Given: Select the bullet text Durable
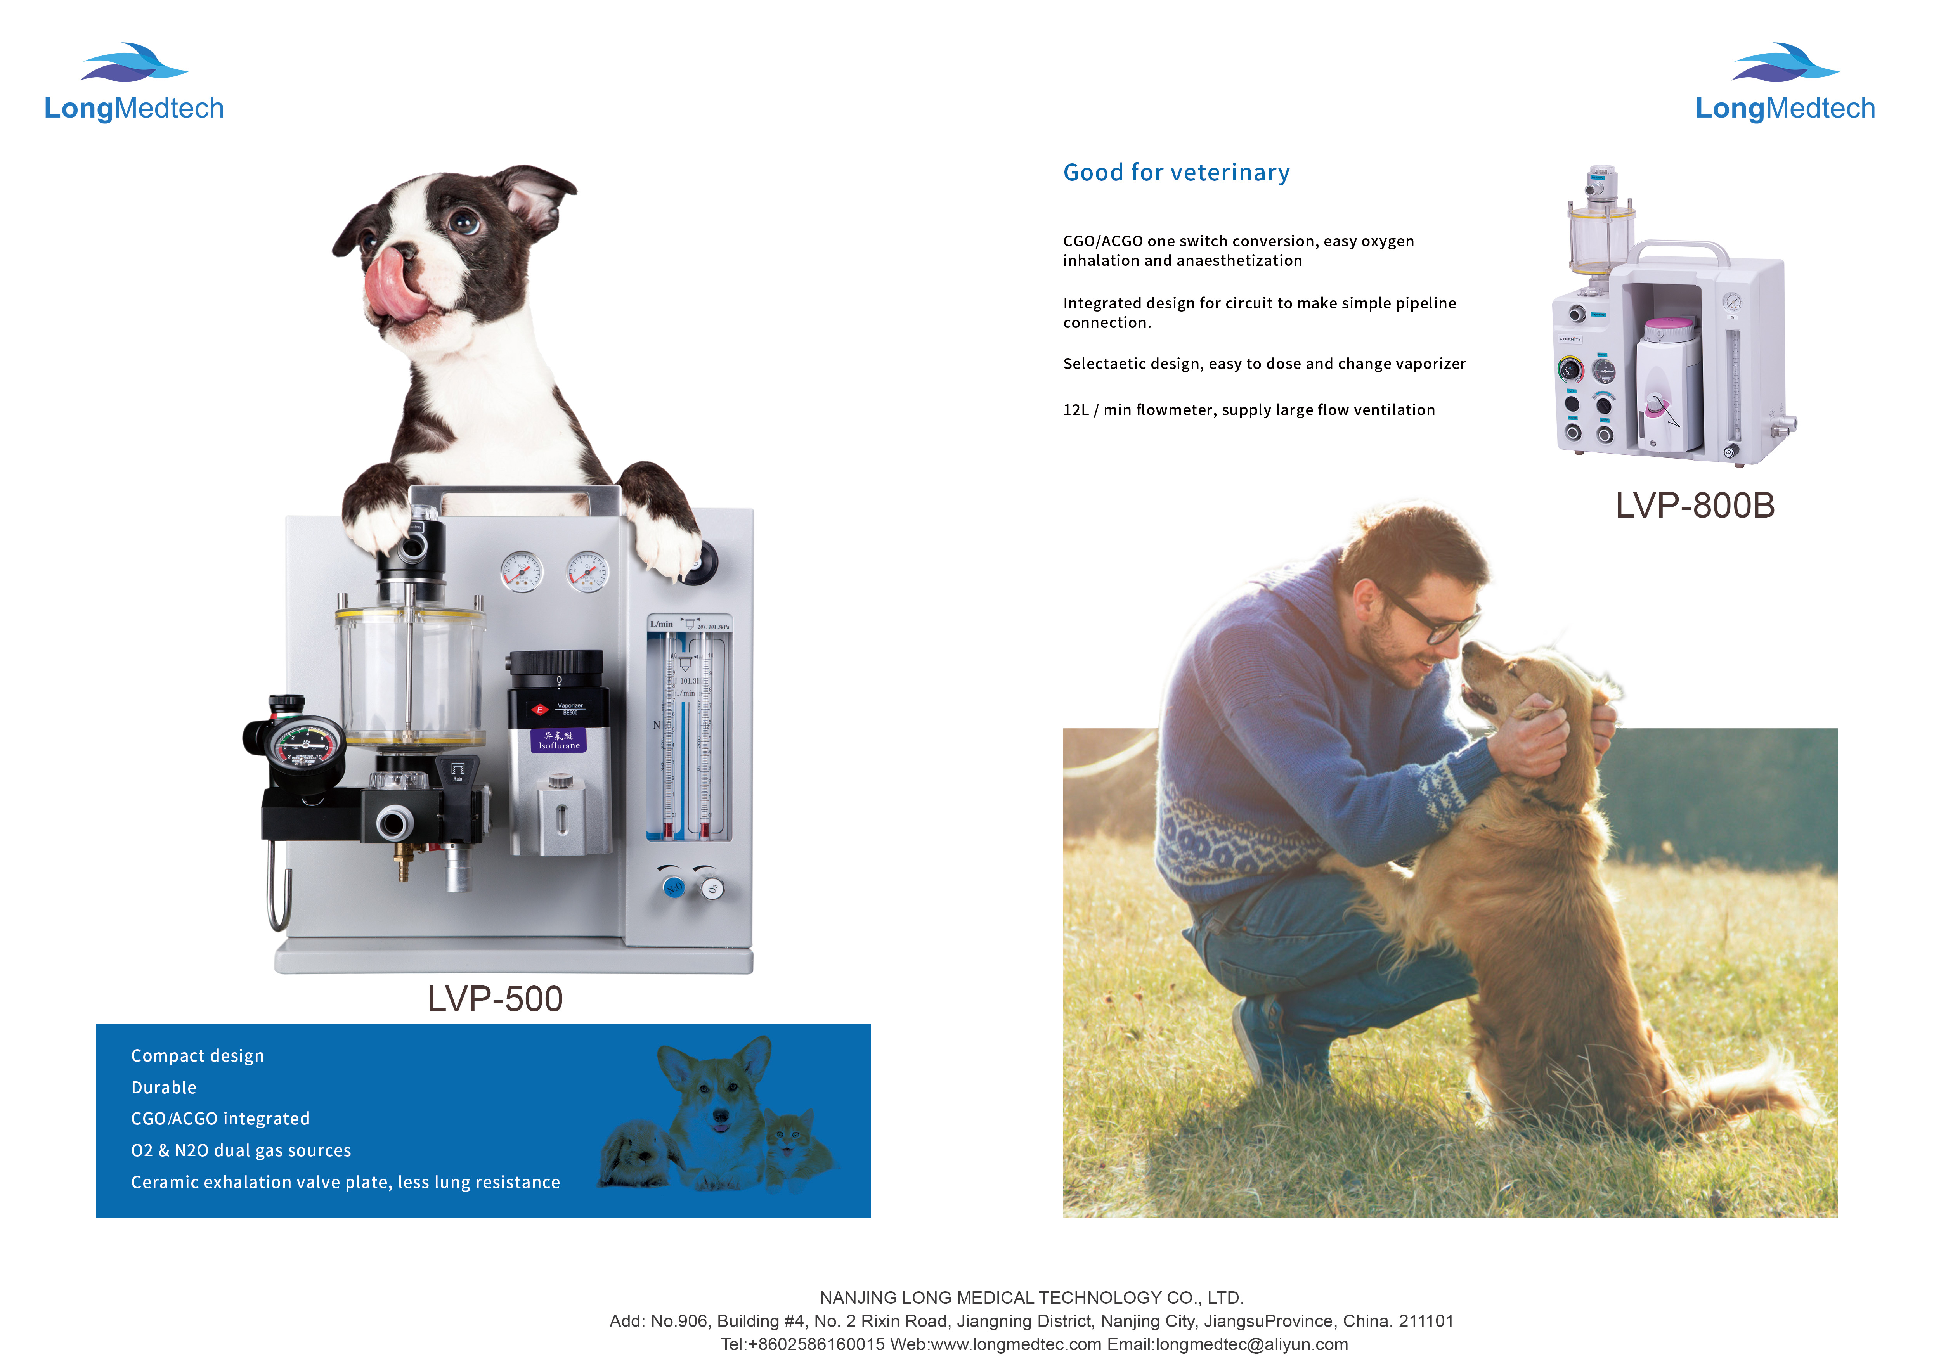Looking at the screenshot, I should [164, 1088].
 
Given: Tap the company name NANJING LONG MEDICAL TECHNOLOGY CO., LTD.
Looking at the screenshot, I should [1031, 1297].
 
